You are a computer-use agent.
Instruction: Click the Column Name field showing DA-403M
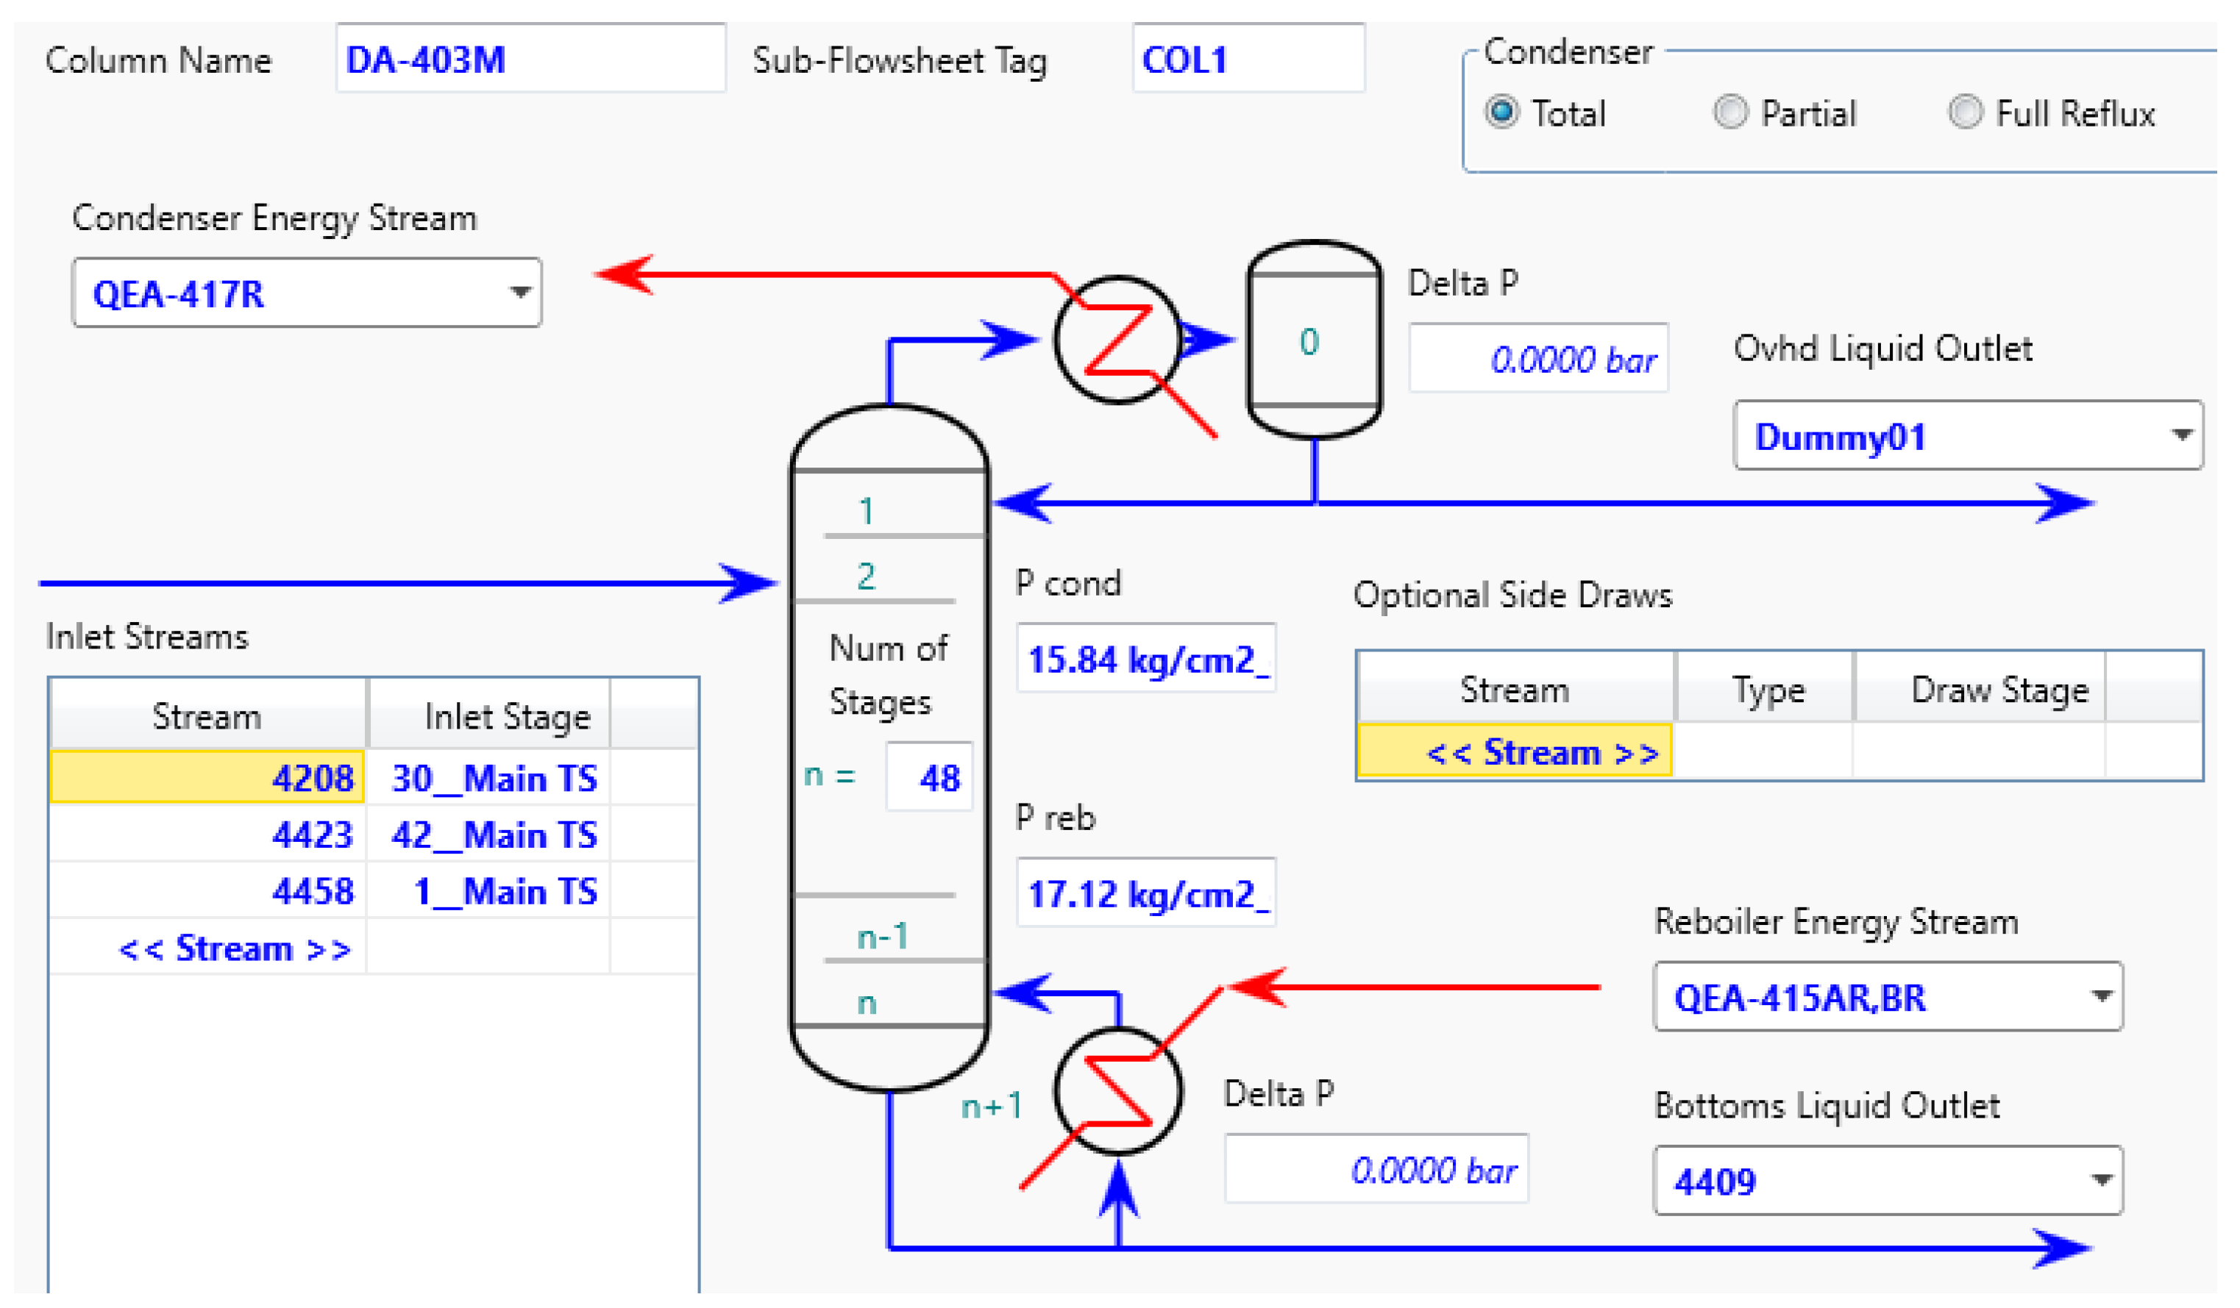(530, 60)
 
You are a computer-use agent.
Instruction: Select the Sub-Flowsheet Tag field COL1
(1247, 60)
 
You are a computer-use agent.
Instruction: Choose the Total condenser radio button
(1501, 112)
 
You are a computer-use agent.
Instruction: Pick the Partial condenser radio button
(1729, 112)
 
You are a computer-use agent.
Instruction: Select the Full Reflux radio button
(1964, 112)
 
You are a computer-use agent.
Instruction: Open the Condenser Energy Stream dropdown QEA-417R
(307, 293)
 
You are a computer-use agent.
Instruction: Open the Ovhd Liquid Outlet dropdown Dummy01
(1967, 436)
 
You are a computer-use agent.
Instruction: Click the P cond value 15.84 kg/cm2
(1146, 660)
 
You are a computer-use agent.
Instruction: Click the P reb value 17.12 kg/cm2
(1146, 893)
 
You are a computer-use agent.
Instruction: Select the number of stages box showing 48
(930, 777)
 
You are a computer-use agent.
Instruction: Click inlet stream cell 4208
(208, 777)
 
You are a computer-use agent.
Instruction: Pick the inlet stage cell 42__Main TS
(489, 835)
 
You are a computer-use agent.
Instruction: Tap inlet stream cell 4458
(208, 891)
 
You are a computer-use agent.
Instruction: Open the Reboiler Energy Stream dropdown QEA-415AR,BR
(1887, 997)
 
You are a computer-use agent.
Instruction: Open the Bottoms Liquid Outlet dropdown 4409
(1887, 1181)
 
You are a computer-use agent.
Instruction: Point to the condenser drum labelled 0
(1314, 340)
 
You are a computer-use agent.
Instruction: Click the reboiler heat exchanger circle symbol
(1118, 1091)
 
